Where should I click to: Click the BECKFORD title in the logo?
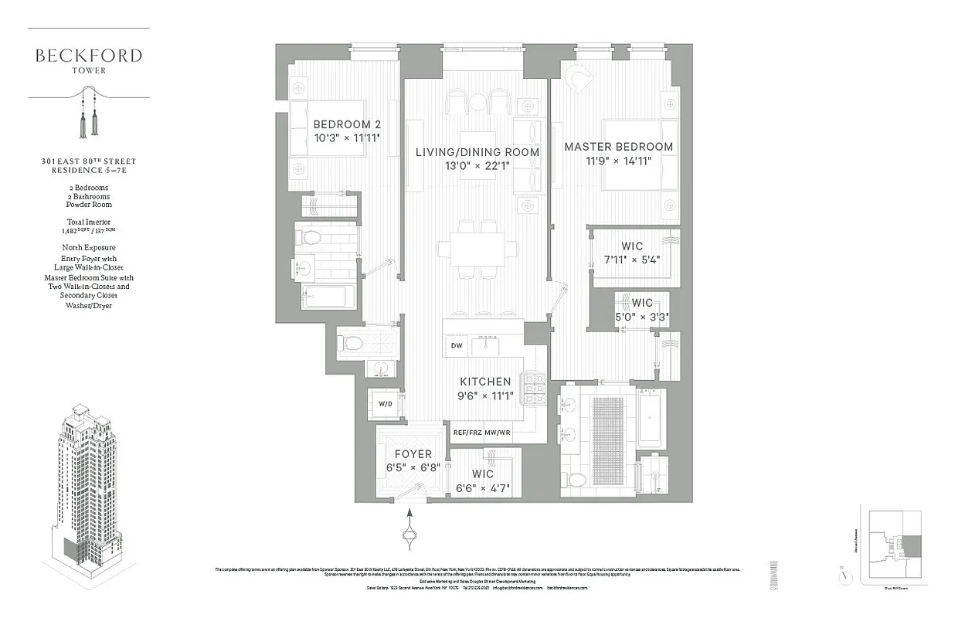tap(88, 56)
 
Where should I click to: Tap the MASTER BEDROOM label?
tap(618, 147)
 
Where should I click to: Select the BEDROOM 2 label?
tap(346, 124)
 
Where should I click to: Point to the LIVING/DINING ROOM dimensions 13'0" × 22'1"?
tap(477, 167)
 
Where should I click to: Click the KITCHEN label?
tap(485, 382)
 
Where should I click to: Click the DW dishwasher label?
tap(457, 346)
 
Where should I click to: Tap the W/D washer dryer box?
tap(384, 404)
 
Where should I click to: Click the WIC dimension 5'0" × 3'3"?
tap(641, 316)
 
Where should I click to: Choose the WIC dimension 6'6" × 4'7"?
tap(482, 487)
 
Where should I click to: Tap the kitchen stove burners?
tap(534, 388)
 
